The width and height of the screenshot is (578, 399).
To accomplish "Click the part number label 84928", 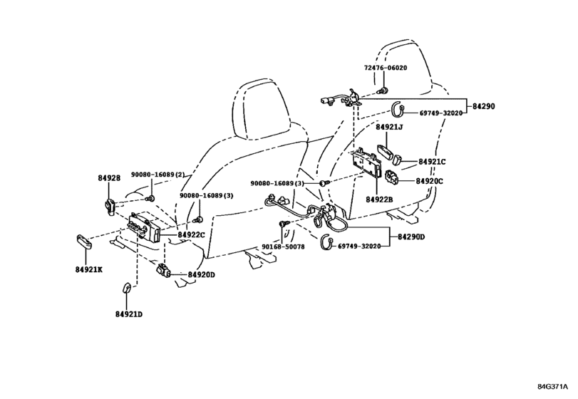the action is [x=109, y=178].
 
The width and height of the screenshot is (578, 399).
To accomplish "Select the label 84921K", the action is [x=89, y=270].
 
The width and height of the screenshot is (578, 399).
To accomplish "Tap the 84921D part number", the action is [x=129, y=314].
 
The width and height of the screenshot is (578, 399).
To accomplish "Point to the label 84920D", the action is [x=201, y=275].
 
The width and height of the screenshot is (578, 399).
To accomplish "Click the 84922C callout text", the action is [x=191, y=234].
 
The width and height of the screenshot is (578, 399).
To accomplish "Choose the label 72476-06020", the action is [x=386, y=68].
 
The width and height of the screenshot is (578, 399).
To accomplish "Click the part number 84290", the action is [x=484, y=106].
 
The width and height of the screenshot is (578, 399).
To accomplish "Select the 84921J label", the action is [x=389, y=127].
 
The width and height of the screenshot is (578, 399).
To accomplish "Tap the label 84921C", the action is [x=432, y=161].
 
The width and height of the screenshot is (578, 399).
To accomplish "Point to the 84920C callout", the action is [x=430, y=181].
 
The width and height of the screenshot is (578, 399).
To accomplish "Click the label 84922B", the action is [x=379, y=199].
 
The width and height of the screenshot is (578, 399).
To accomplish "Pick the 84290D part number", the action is [x=411, y=237].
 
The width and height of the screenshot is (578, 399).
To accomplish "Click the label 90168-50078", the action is [x=283, y=247].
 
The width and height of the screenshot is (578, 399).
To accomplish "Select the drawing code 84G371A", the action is [x=552, y=387].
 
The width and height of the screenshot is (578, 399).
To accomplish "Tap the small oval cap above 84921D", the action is [x=126, y=288].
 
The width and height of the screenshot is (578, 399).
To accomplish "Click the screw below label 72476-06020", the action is [x=382, y=90].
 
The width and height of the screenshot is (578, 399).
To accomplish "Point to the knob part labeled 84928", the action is [x=110, y=206].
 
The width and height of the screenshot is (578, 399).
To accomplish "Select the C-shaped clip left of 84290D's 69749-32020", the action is [x=326, y=242].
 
